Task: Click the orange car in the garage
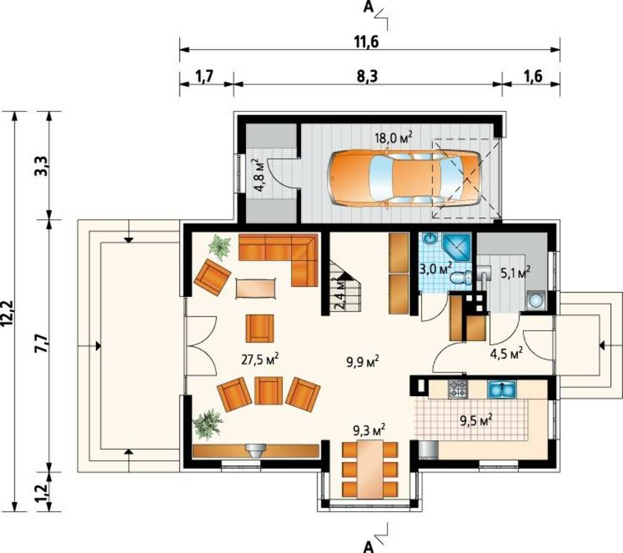(404, 178)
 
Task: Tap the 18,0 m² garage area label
(393, 138)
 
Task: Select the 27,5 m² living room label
(260, 359)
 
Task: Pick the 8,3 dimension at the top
(367, 76)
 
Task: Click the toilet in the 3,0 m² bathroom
(461, 278)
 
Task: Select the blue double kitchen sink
(502, 389)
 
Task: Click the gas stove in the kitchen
(458, 389)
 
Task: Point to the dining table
(370, 469)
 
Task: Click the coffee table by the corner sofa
(256, 288)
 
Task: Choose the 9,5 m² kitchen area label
(477, 420)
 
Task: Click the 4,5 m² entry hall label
(506, 354)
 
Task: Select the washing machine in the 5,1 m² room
(536, 301)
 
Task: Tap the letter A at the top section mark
(369, 7)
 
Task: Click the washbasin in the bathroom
(430, 239)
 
